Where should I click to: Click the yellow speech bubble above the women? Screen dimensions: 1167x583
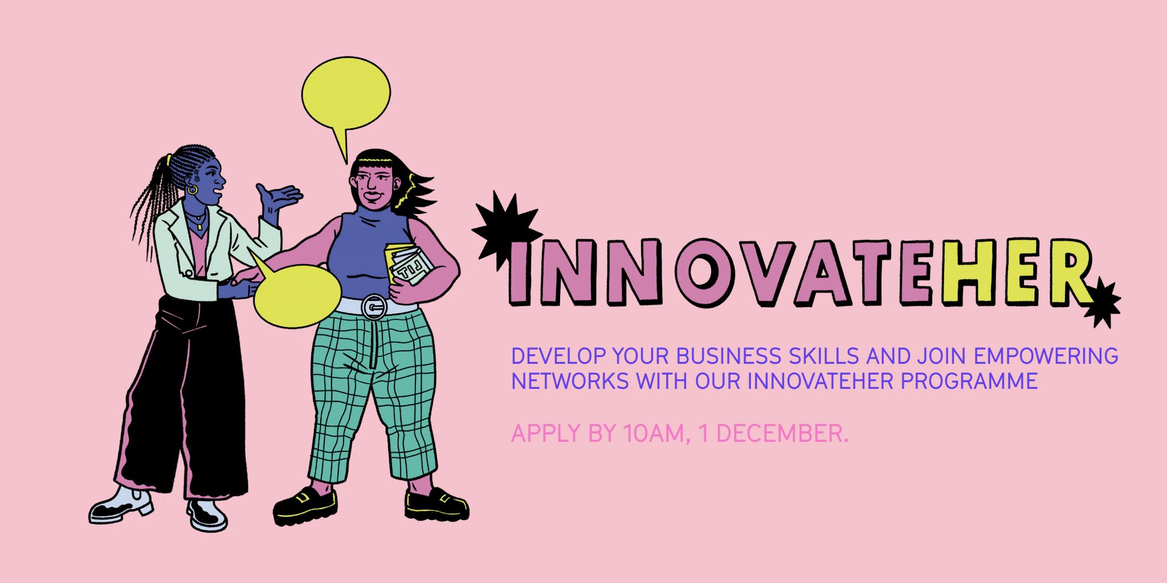point(345,94)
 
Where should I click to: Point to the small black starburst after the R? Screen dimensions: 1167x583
point(1102,303)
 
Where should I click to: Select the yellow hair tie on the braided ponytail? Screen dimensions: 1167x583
point(168,161)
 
